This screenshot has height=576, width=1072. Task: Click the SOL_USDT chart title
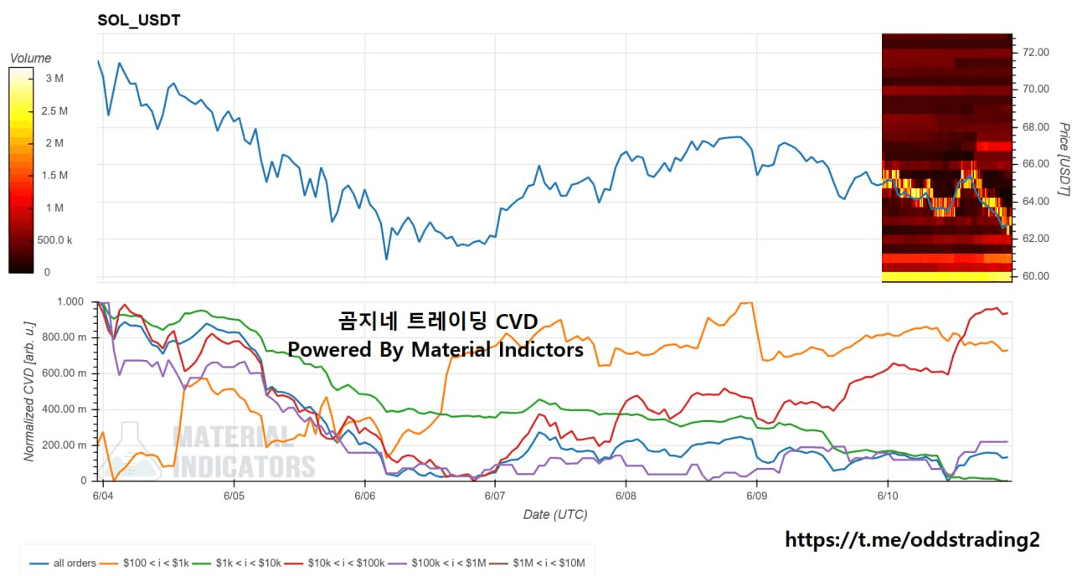(x=139, y=20)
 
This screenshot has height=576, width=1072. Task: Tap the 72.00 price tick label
(x=1036, y=52)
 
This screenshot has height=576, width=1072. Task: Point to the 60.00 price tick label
(x=1036, y=276)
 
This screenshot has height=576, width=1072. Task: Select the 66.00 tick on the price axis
(x=1036, y=163)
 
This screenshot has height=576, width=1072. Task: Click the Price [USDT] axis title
(x=1064, y=159)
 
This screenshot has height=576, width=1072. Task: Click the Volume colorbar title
(x=31, y=59)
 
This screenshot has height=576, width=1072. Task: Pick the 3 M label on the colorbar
(x=54, y=79)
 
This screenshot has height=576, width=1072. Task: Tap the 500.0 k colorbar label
(x=54, y=240)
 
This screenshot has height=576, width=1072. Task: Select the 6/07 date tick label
(x=495, y=496)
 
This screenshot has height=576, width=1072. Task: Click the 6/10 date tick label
(x=888, y=496)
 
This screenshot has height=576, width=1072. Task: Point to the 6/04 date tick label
(x=103, y=496)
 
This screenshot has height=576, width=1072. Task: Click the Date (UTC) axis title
(x=555, y=515)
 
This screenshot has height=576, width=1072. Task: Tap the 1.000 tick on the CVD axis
(x=70, y=302)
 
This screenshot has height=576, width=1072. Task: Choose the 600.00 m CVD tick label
(x=64, y=373)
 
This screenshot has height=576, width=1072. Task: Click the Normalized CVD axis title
(x=29, y=391)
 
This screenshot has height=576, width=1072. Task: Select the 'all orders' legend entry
(x=63, y=563)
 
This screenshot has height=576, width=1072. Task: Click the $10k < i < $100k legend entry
(x=335, y=563)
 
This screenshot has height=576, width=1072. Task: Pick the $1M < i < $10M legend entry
(x=539, y=563)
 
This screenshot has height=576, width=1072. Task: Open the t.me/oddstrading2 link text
(x=912, y=540)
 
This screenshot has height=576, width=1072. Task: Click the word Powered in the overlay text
(x=330, y=350)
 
